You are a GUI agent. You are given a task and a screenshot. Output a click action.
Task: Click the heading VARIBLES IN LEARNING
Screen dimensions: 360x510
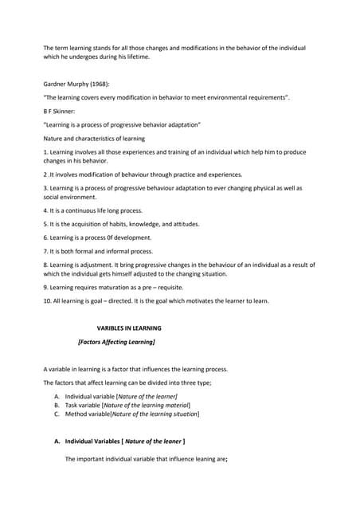[x=129, y=328]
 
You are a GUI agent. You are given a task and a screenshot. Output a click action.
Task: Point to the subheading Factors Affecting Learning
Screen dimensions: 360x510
[x=116, y=342]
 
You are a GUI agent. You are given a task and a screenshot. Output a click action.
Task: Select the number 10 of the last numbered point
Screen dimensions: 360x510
[x=47, y=300]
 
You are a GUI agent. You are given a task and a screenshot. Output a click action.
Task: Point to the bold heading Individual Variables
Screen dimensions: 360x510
[x=93, y=441]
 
